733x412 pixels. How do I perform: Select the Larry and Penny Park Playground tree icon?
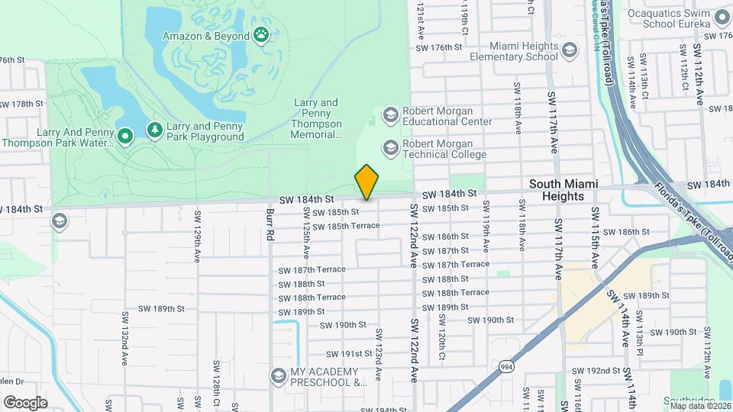[155, 130]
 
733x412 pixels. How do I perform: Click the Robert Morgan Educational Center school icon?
[391, 115]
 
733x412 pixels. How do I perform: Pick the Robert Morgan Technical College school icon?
[391, 147]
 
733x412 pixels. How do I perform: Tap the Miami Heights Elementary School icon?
[570, 50]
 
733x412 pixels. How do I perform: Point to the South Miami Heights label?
[563, 190]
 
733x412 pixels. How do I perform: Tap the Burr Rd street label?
[270, 224]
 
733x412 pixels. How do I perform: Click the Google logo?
[25, 402]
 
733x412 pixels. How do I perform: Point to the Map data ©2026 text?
[700, 405]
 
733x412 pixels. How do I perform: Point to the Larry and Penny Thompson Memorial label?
[317, 119]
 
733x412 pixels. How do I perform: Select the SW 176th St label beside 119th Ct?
[438, 47]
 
